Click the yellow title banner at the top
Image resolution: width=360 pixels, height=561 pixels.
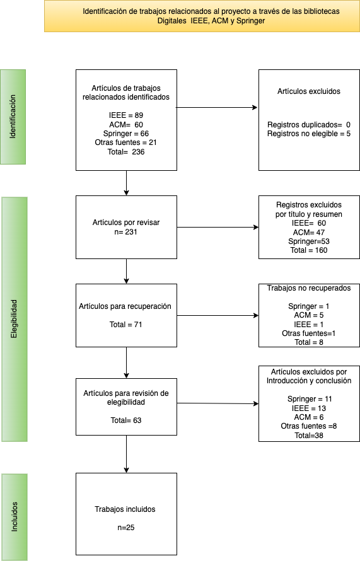[202, 16]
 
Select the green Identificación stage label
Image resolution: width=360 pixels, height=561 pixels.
[13, 117]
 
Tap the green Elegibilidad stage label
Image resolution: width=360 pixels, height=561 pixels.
[15, 319]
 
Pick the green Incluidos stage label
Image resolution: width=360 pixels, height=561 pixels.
[15, 517]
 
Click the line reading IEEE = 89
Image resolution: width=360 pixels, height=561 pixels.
[126, 115]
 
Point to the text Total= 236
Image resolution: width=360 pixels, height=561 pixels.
[126, 152]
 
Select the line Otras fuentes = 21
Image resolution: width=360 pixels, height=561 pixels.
[126, 142]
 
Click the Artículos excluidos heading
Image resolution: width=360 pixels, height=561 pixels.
[309, 91]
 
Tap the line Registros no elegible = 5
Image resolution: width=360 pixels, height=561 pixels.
[309, 134]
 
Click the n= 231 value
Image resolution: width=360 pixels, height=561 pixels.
[126, 232]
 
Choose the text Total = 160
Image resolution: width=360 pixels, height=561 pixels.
[309, 250]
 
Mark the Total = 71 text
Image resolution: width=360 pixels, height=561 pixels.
[126, 325]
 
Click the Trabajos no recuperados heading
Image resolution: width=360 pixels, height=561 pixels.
[309, 288]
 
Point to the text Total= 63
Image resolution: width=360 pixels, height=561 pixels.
[126, 420]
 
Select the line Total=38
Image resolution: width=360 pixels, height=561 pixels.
[309, 436]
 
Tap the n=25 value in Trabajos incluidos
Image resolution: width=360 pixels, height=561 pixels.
[126, 528]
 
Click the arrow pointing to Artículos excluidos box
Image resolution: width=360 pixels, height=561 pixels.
[217, 107]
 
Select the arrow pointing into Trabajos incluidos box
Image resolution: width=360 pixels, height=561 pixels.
[126, 454]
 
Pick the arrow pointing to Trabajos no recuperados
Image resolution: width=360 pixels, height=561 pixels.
[218, 316]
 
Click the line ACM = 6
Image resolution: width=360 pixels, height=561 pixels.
[309, 417]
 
